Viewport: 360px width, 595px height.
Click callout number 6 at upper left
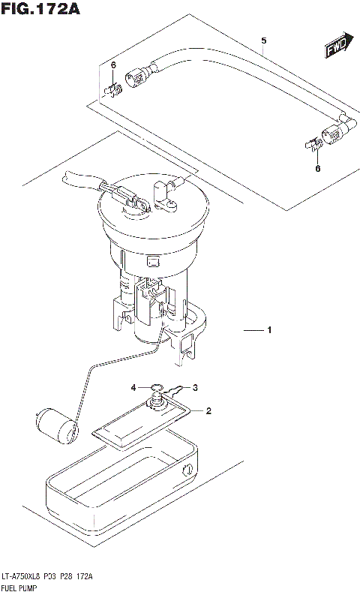pyautogui.click(x=112, y=66)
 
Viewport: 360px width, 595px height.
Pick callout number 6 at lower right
pyautogui.click(x=317, y=168)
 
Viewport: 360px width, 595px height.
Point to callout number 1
pyautogui.click(x=268, y=330)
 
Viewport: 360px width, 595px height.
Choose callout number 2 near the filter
pyautogui.click(x=209, y=410)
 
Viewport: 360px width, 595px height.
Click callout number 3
pyautogui.click(x=195, y=388)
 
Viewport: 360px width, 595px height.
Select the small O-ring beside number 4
pyautogui.click(x=157, y=389)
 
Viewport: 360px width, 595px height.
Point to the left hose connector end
pyautogui.click(x=139, y=76)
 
